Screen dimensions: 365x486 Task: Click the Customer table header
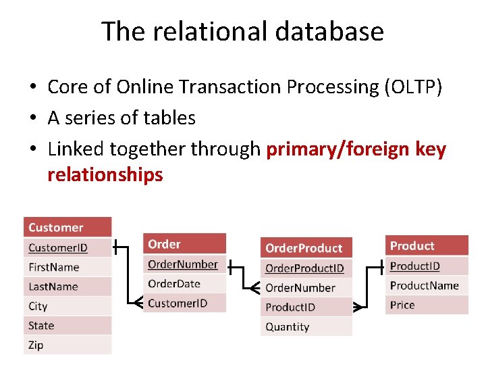pos(67,228)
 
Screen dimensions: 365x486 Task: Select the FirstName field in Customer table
pos(67,267)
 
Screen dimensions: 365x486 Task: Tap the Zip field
pos(67,345)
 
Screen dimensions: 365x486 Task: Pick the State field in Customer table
pos(67,325)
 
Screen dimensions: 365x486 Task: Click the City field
pos(67,306)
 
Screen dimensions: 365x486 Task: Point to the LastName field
pos(67,287)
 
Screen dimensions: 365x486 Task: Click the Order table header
pos(185,244)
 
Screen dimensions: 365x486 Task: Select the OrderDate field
pos(185,283)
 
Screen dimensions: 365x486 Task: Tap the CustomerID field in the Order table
pos(185,303)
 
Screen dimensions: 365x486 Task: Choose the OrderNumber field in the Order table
pos(185,264)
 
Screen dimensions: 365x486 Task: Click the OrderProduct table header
pos(306,248)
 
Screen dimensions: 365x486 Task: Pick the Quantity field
pos(306,327)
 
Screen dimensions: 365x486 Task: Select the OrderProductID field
pos(306,268)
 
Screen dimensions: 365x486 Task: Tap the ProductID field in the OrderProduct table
pos(306,308)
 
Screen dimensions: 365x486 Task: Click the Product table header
pos(427,246)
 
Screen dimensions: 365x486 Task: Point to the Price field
pos(427,305)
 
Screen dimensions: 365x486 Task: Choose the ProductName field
pos(427,285)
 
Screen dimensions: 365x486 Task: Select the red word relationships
pos(105,175)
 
